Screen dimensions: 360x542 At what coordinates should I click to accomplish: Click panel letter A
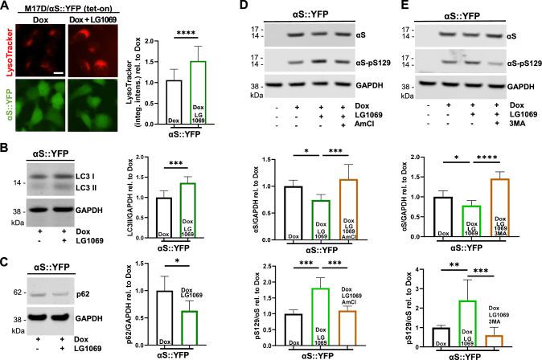pyautogui.click(x=6, y=6)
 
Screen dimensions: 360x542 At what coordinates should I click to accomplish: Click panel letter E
pyautogui.click(x=395, y=6)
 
